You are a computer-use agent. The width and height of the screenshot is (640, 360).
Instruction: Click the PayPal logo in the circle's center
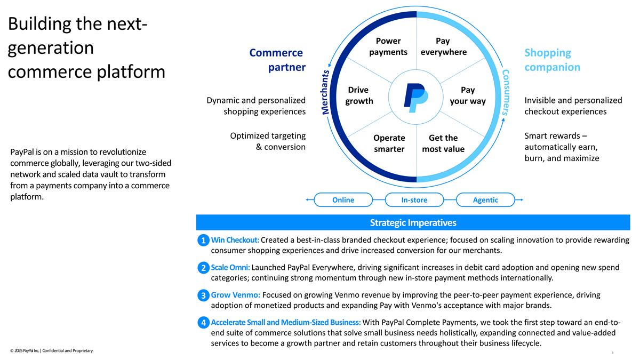point(416,98)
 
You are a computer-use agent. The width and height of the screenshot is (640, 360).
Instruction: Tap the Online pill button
point(343,199)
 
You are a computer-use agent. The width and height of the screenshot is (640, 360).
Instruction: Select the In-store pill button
point(414,199)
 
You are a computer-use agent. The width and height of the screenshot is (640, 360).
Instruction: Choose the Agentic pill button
point(485,199)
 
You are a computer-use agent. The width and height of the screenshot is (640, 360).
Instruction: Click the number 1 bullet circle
point(203,241)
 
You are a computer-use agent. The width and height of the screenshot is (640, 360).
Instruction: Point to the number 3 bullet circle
point(203,295)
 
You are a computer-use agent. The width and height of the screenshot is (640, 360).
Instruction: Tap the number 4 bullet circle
point(203,323)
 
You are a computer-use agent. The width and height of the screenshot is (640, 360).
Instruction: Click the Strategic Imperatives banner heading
point(413,222)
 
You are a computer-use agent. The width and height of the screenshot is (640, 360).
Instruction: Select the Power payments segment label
point(388,46)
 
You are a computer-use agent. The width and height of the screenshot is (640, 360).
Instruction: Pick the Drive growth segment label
point(359,95)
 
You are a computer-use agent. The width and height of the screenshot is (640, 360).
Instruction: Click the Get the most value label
point(443,143)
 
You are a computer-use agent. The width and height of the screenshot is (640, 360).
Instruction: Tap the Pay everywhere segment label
point(443,46)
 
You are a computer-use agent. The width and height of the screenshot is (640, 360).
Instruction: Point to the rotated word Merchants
point(325,92)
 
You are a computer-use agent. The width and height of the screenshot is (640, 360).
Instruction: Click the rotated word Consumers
point(506,92)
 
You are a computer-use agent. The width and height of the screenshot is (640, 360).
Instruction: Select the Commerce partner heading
point(277,60)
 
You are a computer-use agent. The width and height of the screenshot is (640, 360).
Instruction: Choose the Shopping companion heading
point(553,60)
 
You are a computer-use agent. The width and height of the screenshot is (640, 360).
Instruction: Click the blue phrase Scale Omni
point(230,267)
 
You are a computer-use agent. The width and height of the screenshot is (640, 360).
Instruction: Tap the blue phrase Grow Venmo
point(235,295)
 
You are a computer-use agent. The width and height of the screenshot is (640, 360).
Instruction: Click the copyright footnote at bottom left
point(52,350)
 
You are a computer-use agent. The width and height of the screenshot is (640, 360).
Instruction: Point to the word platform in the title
point(131,71)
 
